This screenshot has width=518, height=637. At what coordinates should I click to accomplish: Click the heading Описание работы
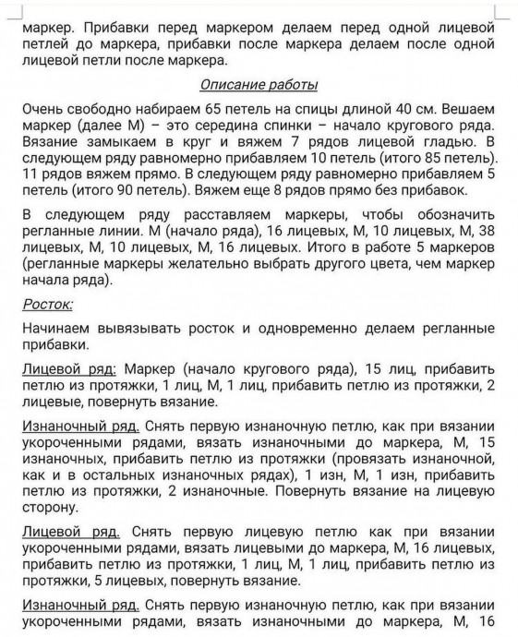[259, 85]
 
